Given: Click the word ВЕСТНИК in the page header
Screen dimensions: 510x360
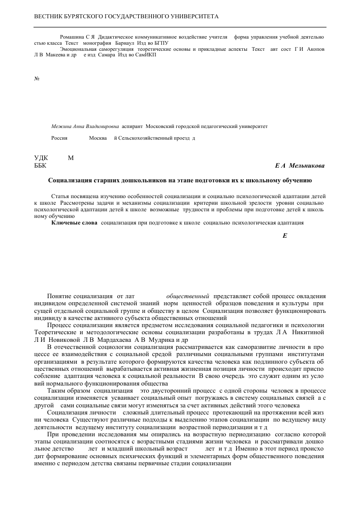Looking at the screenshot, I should (49, 17).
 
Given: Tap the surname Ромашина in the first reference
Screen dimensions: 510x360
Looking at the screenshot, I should (72, 37).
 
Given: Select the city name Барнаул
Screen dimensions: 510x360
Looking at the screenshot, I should (125, 43).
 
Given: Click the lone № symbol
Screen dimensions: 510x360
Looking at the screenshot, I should (37, 79).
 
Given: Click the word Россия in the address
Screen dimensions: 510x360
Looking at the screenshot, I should (59, 138).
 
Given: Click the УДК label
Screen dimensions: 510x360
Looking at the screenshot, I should (41, 158).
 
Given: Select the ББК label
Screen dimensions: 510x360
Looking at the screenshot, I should (41, 166).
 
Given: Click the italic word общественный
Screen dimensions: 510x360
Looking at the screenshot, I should (188, 296).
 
